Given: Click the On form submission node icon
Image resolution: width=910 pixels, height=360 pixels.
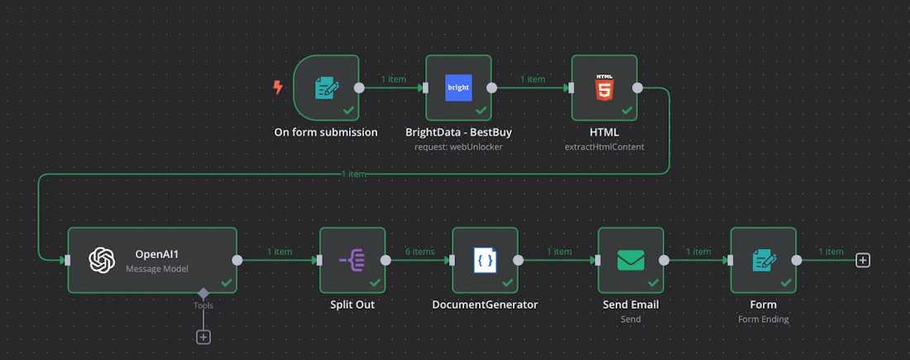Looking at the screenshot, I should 326,88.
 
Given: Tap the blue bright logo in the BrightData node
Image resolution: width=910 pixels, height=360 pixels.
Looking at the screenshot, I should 458,88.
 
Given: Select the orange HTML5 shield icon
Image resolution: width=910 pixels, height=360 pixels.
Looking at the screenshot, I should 604,88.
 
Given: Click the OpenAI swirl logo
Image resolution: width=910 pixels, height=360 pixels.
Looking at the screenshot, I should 102,260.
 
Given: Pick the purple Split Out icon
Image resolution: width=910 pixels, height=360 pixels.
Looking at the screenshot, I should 352,260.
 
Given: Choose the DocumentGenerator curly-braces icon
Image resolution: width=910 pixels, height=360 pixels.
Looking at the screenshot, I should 485,260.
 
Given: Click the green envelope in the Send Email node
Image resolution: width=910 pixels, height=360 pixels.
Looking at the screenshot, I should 630,260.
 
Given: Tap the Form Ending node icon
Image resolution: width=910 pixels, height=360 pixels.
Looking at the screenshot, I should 764,260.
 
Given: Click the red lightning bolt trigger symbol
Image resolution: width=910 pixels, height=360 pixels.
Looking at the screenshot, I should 278,87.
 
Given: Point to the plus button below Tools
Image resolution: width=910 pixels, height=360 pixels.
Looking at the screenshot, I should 203,337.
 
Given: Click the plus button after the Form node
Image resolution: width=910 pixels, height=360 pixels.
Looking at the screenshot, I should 863,260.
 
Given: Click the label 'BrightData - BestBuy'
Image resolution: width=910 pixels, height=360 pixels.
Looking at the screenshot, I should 458,132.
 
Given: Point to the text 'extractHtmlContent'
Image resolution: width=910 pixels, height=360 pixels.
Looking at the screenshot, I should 604,146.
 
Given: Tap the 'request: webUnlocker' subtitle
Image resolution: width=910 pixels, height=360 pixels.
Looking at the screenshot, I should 458,146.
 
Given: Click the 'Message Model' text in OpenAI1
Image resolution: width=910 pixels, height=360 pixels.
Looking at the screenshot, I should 157,269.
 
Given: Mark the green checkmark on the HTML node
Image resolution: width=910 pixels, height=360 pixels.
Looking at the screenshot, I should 626,110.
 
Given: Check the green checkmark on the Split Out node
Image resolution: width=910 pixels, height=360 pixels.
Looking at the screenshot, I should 375,282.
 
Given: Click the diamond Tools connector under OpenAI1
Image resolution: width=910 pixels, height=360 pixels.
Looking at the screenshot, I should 203,293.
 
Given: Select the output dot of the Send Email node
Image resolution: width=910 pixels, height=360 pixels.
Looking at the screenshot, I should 664,260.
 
